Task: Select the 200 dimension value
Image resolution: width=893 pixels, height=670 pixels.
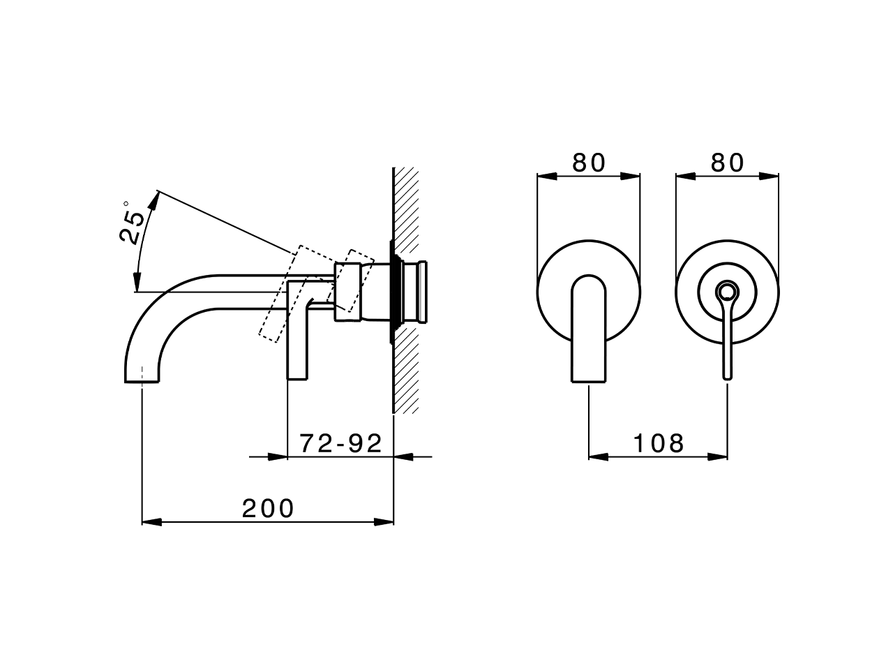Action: (x=268, y=509)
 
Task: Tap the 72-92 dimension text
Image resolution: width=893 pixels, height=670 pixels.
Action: (x=341, y=443)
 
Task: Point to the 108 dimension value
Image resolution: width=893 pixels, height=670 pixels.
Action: (x=659, y=443)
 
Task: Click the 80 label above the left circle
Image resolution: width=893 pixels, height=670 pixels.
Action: (x=589, y=163)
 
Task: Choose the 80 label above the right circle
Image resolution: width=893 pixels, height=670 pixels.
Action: (x=728, y=163)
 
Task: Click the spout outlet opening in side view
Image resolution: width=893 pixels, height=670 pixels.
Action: (x=142, y=381)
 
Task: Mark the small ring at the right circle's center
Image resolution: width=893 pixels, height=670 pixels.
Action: (x=728, y=291)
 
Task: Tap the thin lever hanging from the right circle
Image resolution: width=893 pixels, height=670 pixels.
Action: (x=728, y=342)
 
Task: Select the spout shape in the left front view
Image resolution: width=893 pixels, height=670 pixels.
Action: (x=589, y=328)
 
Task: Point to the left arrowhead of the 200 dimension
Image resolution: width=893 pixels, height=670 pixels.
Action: (x=151, y=522)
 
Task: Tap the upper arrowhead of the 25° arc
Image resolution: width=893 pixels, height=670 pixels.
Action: (x=154, y=199)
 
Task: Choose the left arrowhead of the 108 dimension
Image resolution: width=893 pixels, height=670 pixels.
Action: (x=599, y=457)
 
